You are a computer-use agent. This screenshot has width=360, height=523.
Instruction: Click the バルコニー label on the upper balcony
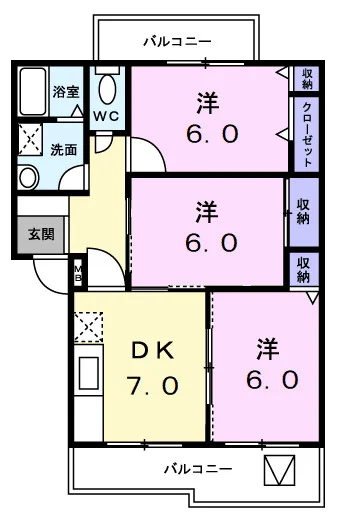(x=176, y=41)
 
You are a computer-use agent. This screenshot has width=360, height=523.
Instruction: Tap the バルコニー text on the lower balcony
(x=198, y=468)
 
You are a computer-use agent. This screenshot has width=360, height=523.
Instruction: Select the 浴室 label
(x=67, y=91)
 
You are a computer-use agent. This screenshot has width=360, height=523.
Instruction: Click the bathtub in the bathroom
(x=33, y=93)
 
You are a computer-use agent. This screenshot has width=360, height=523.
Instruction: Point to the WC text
(x=107, y=115)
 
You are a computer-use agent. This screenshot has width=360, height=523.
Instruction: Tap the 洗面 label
(x=65, y=150)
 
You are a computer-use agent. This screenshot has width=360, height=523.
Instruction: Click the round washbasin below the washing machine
(x=29, y=178)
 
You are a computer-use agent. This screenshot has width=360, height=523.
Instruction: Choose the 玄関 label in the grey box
(x=41, y=235)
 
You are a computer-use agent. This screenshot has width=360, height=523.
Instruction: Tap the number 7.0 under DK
(x=154, y=384)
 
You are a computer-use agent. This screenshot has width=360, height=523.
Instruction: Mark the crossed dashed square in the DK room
(x=87, y=327)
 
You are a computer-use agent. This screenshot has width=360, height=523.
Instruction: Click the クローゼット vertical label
(x=307, y=134)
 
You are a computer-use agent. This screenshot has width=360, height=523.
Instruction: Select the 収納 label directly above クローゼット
(x=307, y=78)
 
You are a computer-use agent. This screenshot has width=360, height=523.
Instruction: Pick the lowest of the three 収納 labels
(x=304, y=269)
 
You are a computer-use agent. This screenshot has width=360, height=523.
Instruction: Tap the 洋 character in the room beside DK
(x=266, y=349)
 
